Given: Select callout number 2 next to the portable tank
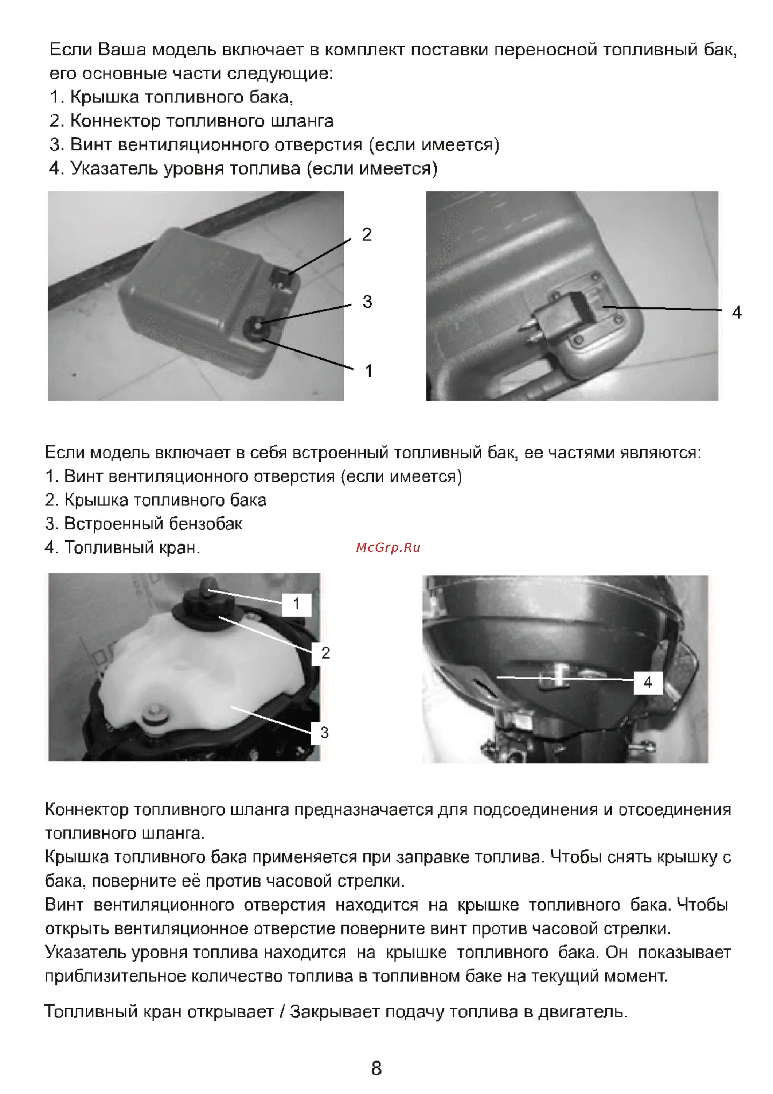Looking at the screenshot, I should coord(366,234).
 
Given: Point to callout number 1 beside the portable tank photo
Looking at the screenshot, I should coord(368,371).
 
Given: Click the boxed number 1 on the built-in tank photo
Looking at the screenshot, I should coord(296,604).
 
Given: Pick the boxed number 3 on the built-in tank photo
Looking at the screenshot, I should coord(324,733).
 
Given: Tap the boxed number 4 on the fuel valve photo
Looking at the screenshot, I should coord(648,682).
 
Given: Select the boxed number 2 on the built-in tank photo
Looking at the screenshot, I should coord(325,653).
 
